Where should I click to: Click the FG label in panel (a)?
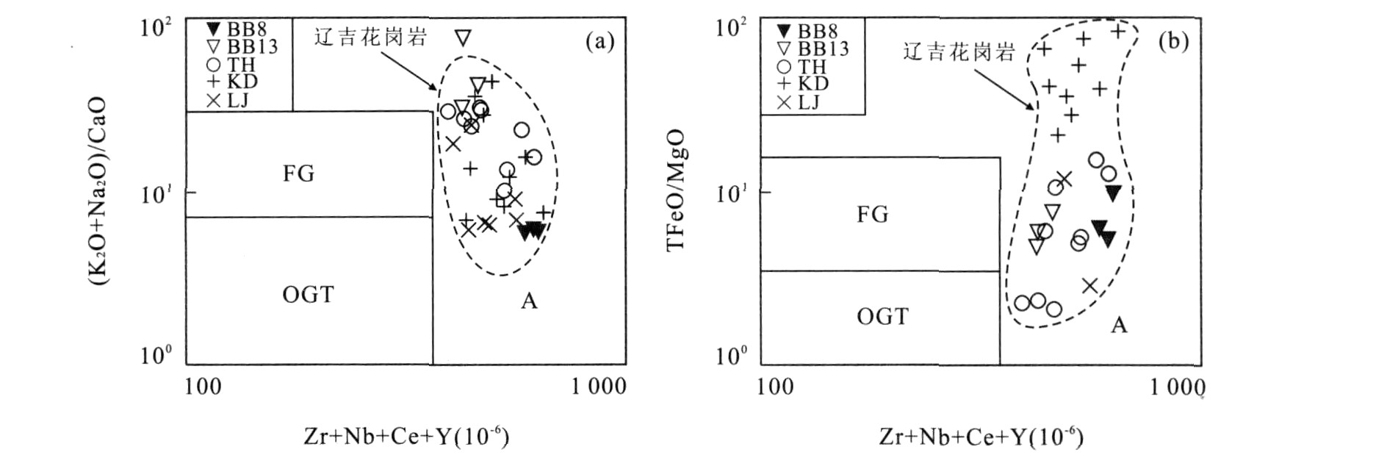pos(298,173)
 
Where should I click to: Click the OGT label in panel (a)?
pos(308,295)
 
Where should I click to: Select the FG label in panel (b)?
pos(873,215)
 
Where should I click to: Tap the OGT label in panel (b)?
pos(882,317)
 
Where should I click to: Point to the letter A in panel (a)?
pos(529,301)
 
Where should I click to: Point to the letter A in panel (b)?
pos(1118,325)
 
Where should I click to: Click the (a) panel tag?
pos(599,41)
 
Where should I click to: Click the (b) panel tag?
pos(1173,41)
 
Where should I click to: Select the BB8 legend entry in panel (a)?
pos(237,30)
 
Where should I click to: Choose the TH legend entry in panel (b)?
pos(803,67)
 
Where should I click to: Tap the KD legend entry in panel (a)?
pos(233,82)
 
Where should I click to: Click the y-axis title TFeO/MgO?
pos(676,190)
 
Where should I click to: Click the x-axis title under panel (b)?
pos(981,437)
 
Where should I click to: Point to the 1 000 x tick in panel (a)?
pos(599,386)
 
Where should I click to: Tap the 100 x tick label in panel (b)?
pos(775,386)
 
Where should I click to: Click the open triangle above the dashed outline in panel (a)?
pos(463,38)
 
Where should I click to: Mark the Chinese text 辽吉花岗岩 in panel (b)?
pos(959,51)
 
